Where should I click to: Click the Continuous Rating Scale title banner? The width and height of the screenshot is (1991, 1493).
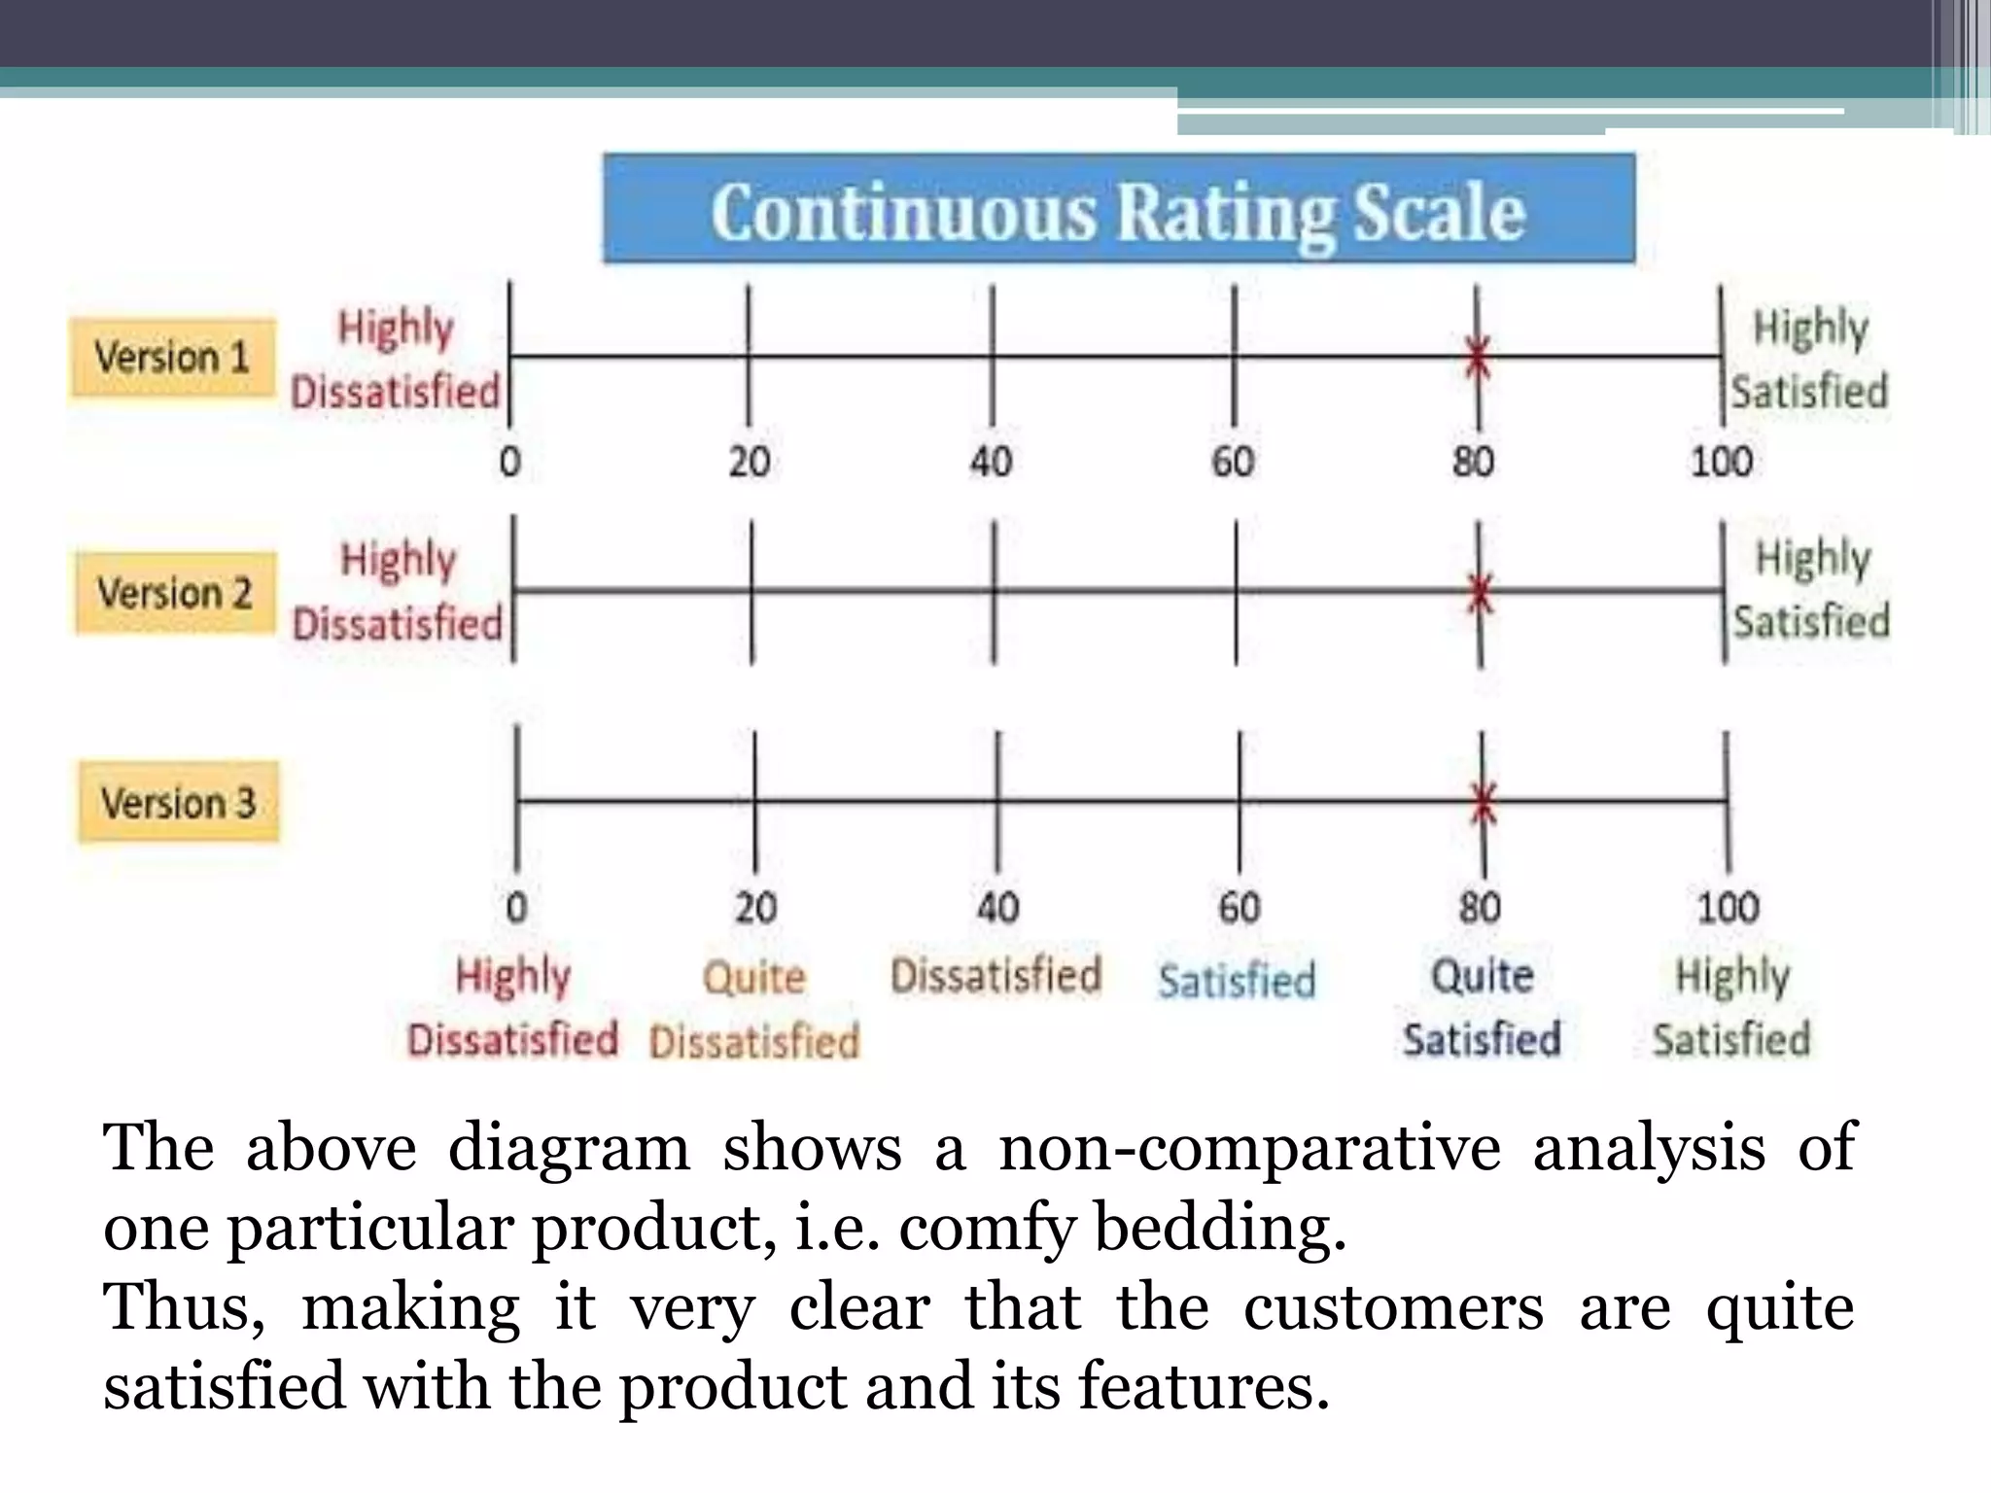click(x=1118, y=209)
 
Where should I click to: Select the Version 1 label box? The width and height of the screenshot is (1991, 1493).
click(x=172, y=358)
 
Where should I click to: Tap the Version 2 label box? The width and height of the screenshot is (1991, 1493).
click(x=175, y=593)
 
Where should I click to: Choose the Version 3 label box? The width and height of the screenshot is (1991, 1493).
click(x=178, y=803)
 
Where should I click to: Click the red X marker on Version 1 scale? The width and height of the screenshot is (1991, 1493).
click(x=1478, y=358)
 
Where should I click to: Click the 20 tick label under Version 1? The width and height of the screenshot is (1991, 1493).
click(x=750, y=462)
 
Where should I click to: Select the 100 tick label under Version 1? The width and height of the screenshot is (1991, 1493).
click(x=1721, y=462)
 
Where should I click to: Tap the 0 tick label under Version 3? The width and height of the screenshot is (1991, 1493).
click(x=516, y=908)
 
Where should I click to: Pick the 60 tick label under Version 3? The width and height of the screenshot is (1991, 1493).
click(x=1240, y=908)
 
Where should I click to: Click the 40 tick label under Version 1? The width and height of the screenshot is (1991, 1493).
click(x=991, y=462)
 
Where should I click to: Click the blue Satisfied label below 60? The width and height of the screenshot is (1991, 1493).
click(x=1237, y=980)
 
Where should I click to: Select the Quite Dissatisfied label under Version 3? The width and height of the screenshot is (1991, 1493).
click(x=754, y=1009)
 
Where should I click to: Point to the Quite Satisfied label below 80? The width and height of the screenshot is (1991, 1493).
click(x=1482, y=1007)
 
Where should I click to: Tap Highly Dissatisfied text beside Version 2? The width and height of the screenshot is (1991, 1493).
click(x=398, y=591)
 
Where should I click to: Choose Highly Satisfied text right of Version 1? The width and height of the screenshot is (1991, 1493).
click(x=1809, y=359)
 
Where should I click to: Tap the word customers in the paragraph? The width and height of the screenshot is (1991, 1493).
click(x=1393, y=1308)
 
